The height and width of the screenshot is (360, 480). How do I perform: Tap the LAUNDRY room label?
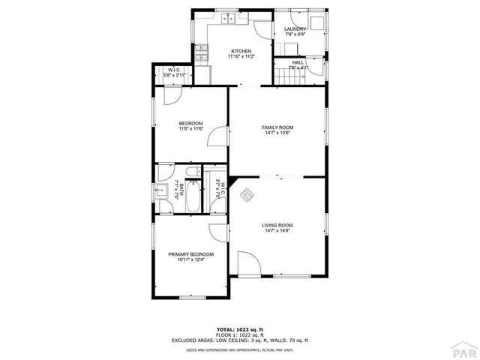click(x=295, y=29)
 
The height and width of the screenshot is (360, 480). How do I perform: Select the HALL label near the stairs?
click(x=298, y=63)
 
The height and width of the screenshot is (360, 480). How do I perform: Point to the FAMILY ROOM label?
click(x=277, y=127)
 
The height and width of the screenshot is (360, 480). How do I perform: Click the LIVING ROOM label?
click(x=277, y=225)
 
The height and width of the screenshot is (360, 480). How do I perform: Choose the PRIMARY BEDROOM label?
click(x=190, y=254)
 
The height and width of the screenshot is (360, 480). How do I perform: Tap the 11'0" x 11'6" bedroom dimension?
click(x=190, y=129)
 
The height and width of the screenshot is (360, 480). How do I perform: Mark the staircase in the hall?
click(x=285, y=73)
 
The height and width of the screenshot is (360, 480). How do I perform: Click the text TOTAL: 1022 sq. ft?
click(x=240, y=329)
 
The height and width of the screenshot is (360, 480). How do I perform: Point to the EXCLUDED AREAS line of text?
click(x=240, y=340)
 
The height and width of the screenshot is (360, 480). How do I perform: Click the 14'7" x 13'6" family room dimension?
click(x=277, y=133)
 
